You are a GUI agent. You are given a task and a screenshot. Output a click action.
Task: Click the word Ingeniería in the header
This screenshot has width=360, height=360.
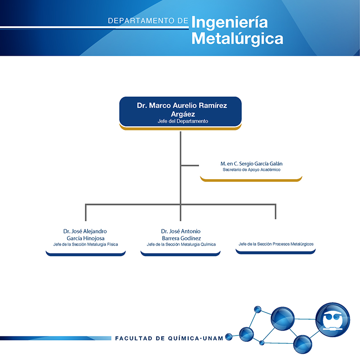point(229,23)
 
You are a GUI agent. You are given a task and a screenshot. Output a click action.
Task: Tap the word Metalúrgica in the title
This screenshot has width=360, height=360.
point(238,39)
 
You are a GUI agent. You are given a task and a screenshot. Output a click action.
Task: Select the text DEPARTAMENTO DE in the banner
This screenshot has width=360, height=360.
point(148,21)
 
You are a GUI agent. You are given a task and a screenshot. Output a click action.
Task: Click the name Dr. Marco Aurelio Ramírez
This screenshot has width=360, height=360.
point(182,105)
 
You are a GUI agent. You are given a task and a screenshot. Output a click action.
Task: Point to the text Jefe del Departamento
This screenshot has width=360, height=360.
point(183,121)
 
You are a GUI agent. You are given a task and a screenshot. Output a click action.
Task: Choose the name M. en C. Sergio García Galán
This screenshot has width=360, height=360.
point(251,164)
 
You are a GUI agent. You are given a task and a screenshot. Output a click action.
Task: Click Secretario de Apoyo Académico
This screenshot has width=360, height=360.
point(251,170)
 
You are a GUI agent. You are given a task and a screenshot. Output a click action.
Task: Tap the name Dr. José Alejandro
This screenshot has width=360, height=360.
point(85,231)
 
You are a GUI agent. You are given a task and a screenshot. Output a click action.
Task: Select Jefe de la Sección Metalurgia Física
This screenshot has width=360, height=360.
point(86,244)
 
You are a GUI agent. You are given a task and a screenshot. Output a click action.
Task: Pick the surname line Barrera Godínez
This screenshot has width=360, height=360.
point(181,238)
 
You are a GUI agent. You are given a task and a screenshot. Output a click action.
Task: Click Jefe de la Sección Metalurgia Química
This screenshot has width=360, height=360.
point(181,244)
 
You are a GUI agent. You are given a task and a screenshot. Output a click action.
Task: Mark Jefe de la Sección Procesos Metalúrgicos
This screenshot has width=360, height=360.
point(276,244)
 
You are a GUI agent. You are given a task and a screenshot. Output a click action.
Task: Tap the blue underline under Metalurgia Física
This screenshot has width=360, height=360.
point(86,254)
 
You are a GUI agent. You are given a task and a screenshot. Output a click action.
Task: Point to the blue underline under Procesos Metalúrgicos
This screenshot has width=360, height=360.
point(276,252)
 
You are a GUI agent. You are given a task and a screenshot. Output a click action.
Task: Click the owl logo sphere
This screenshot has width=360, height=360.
point(333,320)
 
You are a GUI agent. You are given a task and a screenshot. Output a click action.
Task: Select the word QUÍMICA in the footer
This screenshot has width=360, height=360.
point(184,338)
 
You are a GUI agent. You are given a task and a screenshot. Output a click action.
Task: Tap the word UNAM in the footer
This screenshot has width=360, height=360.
point(213,338)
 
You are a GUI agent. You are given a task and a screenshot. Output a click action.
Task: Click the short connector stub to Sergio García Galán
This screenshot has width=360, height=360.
point(190,165)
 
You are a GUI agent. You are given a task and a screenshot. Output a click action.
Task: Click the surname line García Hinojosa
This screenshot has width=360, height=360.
point(86,238)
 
